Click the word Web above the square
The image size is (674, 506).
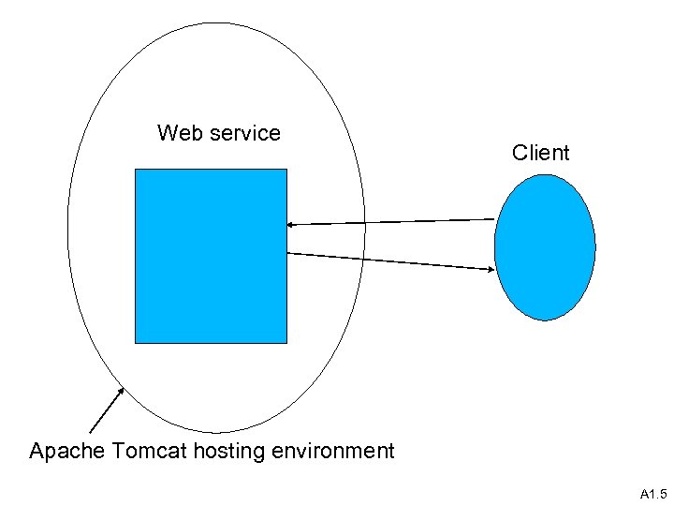178,133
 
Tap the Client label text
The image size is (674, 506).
540,153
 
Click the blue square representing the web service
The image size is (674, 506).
211,256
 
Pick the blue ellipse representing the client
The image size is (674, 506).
545,247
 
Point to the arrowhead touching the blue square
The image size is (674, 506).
291,225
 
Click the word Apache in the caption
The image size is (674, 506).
66,452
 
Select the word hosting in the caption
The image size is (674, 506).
230,452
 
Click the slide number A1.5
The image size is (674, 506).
652,494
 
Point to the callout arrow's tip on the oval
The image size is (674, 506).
122,388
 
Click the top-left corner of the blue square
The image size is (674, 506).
136,170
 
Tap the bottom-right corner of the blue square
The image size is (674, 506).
286,342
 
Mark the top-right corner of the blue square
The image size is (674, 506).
286,170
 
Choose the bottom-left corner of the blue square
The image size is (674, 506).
136,342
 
